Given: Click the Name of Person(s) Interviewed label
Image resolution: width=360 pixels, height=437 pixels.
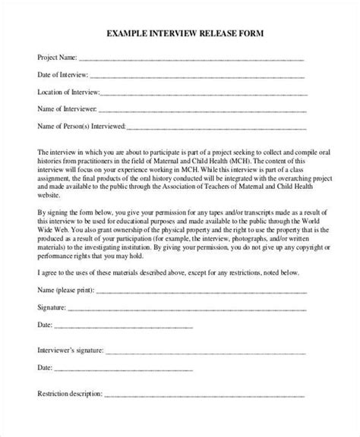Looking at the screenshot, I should pyautogui.click(x=81, y=125).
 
